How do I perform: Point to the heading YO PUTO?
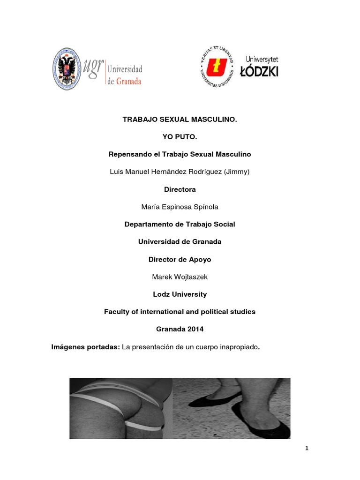point(180,137)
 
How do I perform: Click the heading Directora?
point(180,189)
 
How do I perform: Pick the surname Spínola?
point(202,207)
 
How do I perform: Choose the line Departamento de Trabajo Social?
point(180,224)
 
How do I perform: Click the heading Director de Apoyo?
point(180,259)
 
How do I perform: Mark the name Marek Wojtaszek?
point(180,277)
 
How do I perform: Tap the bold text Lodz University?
point(180,294)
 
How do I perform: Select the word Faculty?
point(117,312)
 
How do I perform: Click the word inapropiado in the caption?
point(238,347)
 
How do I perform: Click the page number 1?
point(307,449)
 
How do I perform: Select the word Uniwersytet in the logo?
point(262,60)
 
